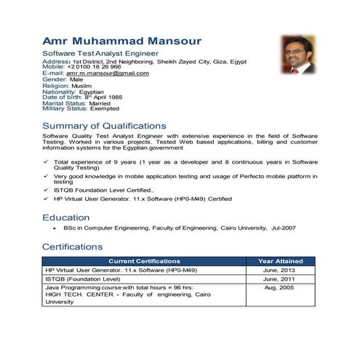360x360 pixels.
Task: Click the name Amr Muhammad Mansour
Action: tap(121, 41)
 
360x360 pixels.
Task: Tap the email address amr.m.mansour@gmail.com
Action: tap(107, 73)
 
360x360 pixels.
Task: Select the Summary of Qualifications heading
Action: tap(104, 126)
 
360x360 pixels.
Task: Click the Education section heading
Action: tap(66, 217)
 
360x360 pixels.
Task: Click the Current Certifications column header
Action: tap(144, 261)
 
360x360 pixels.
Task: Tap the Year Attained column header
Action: tap(279, 261)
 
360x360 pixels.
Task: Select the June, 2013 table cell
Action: tap(279, 270)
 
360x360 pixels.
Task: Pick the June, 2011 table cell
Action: tap(279, 279)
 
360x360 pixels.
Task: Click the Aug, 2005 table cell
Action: tap(279, 288)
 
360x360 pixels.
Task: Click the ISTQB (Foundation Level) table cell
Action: tap(83, 279)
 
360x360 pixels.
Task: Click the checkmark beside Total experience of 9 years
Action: tap(46, 161)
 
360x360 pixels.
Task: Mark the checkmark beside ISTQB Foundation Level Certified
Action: tap(46, 190)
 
